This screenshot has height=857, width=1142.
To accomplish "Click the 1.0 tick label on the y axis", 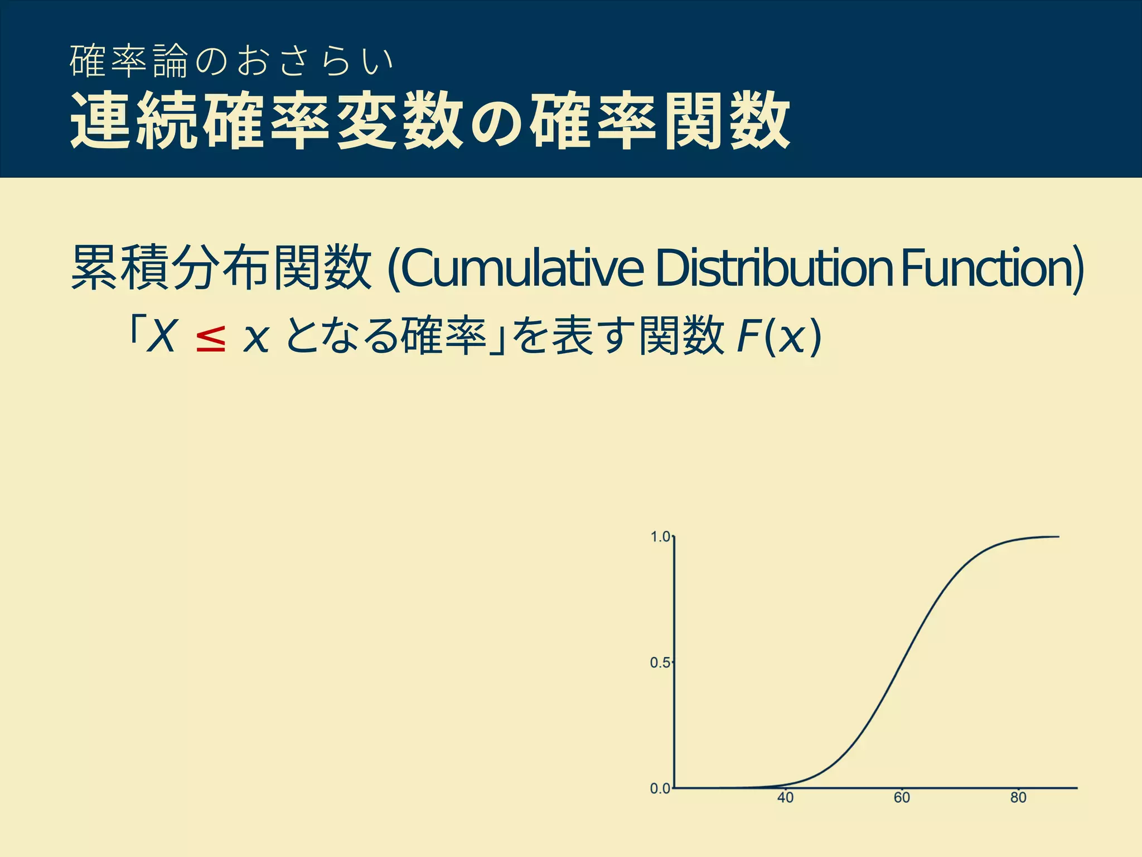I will [x=660, y=537].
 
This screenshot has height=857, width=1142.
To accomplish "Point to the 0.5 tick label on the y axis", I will [x=660, y=663].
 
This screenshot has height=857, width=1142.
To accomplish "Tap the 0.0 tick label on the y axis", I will [x=660, y=788].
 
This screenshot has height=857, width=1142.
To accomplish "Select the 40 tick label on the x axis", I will [x=785, y=798].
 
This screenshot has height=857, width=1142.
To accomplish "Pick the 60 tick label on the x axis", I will [x=902, y=798].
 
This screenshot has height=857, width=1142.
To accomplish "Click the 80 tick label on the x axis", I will [x=1018, y=798].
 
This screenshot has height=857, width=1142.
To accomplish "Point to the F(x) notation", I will [x=778, y=336].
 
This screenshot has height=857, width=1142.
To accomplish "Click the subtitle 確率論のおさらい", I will [x=231, y=61].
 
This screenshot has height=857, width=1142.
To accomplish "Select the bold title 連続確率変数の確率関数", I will [x=429, y=122].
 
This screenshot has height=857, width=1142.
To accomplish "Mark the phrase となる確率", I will [x=385, y=336].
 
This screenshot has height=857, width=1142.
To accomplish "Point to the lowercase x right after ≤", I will [x=257, y=339].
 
